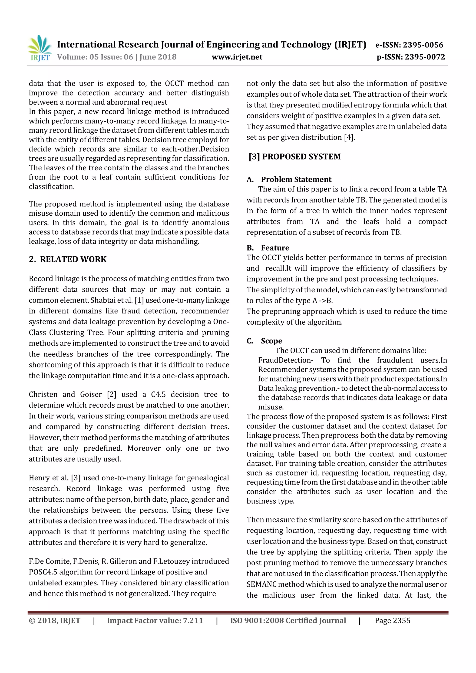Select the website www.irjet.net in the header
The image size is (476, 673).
point(237,57)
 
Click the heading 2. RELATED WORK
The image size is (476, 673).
point(68,259)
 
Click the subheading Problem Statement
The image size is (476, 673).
point(296,179)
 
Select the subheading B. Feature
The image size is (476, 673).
point(268,248)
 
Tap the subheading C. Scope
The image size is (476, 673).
point(265,341)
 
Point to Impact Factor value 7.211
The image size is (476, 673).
point(155,620)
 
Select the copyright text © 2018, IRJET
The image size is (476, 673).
point(55,620)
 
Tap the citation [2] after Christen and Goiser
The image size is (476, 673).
point(112,394)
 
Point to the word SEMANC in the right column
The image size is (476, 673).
point(261,584)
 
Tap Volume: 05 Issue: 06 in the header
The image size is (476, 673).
point(95,57)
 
